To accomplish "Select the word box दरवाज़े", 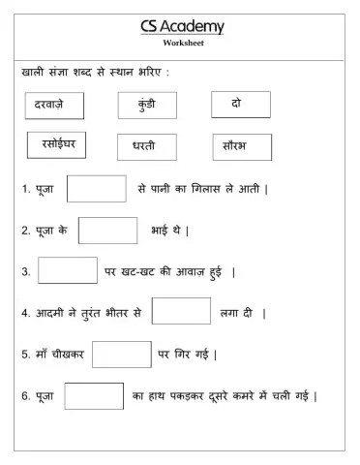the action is point(54,104).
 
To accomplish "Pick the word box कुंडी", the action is point(147,104).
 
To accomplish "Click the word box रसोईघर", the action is point(57,145).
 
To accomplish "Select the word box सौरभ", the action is point(241,146).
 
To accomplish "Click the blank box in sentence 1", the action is point(96,189).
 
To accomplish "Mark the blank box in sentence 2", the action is point(107,231).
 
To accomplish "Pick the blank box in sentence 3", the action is point(67,270).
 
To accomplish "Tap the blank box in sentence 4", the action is point(181,311).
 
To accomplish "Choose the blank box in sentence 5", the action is point(122,355).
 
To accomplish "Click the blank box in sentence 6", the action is point(94,396).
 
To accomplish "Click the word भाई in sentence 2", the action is point(162,231).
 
